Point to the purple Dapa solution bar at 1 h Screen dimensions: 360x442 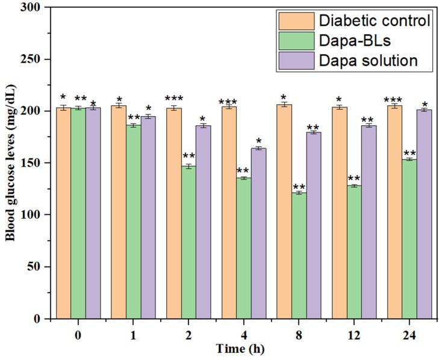click(x=148, y=217)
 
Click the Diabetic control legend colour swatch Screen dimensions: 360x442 click(x=296, y=20)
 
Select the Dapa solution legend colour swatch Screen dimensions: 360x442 click(x=296, y=60)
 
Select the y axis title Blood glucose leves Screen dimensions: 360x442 click(x=11, y=163)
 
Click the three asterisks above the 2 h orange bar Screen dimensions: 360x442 click(x=174, y=99)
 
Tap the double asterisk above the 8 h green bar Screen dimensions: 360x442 click(x=299, y=187)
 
